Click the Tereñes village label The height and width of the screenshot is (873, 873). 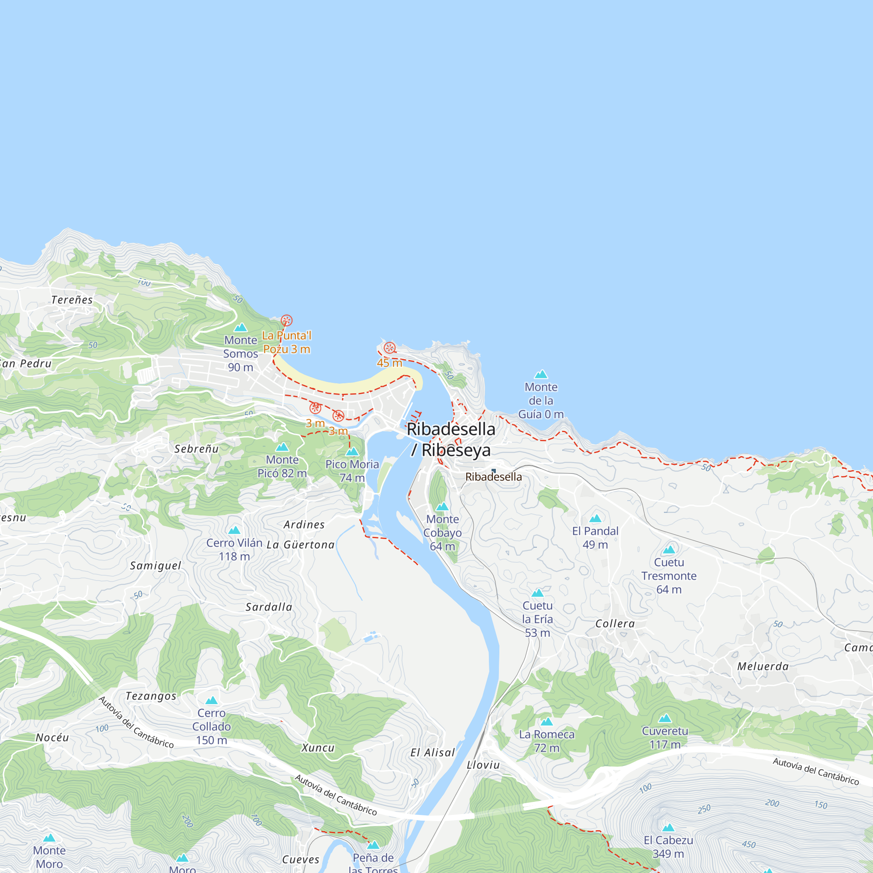pos(72,299)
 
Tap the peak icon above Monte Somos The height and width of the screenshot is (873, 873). pos(241,327)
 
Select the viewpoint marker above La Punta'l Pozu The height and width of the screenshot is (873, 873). pos(286,321)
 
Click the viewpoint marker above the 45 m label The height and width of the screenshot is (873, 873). pos(389,348)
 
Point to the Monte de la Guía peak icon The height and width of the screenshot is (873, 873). pos(541,374)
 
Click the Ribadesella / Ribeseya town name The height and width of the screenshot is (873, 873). pos(451,439)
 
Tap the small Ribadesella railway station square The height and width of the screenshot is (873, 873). pos(493,471)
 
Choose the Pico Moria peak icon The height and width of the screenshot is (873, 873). pos(352,451)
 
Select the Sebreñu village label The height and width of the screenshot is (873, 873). pos(196,449)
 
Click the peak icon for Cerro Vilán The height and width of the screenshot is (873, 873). pos(234,530)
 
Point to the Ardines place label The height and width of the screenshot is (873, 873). pos(304,525)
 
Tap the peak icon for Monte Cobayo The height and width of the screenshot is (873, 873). pos(442,506)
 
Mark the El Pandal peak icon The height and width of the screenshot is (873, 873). pos(595,518)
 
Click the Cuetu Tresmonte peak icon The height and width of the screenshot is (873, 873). pos(669,550)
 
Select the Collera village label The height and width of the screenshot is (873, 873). pos(615,624)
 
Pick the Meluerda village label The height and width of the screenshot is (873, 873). pos(763,666)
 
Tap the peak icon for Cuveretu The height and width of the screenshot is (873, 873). pos(665,718)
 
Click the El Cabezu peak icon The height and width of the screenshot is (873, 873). pos(668,828)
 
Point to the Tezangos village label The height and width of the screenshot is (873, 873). pos(151,696)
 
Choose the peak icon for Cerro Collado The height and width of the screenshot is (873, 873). pos(211,701)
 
